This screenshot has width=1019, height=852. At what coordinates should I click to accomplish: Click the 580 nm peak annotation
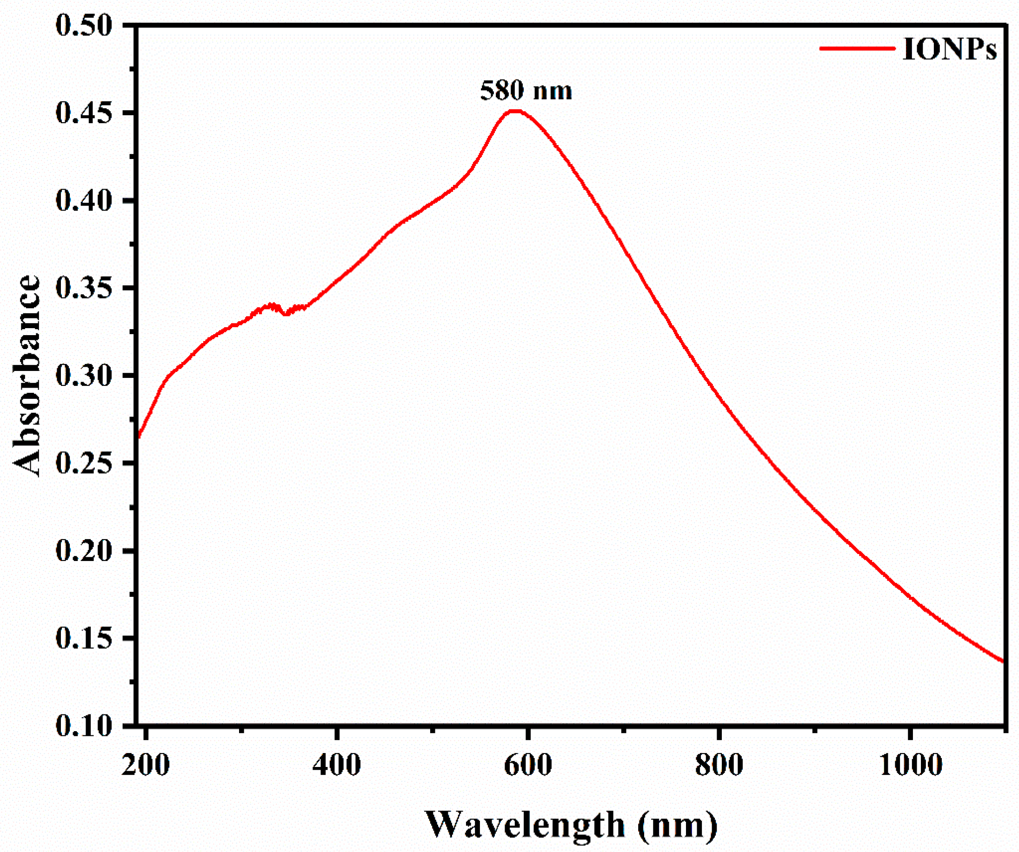pos(526,91)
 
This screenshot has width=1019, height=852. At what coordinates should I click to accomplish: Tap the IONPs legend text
pos(949,49)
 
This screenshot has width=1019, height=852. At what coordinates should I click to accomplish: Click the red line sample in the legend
pos(857,48)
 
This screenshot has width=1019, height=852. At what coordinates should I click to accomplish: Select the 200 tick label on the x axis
pos(146,765)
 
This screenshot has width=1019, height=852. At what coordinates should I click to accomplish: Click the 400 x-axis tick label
pos(336,765)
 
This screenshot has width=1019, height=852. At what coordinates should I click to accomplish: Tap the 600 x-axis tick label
pos(527,765)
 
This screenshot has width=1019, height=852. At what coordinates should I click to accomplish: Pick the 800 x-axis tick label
pos(719,765)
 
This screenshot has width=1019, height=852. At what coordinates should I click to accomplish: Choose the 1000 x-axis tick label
pos(910,765)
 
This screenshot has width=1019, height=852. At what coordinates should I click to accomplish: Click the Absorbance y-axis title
pos(27,376)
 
